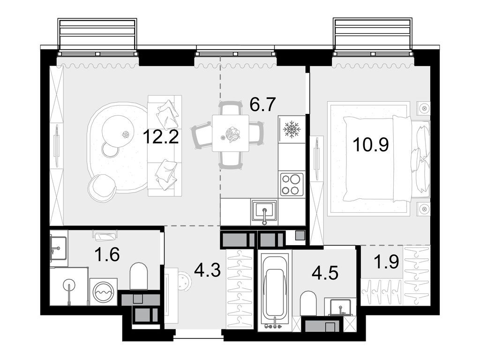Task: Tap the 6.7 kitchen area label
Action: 263,104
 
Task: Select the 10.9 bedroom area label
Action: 371,144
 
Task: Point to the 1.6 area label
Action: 107,255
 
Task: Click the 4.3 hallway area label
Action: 208,270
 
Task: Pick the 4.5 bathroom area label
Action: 325,272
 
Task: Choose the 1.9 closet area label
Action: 386,262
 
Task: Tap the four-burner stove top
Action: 292,184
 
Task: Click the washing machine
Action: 104,292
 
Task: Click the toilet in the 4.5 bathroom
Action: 308,303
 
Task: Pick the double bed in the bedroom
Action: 378,158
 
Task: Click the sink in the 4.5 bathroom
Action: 341,307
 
